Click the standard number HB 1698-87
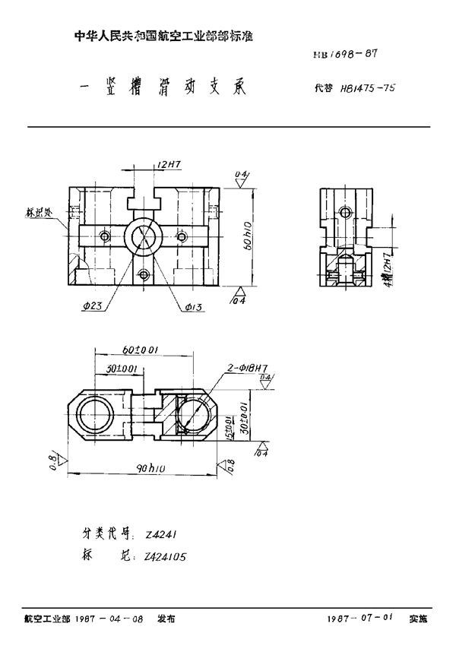pyautogui.click(x=346, y=54)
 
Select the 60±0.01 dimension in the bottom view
pyautogui.click(x=141, y=350)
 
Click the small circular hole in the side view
pyautogui.click(x=347, y=212)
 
